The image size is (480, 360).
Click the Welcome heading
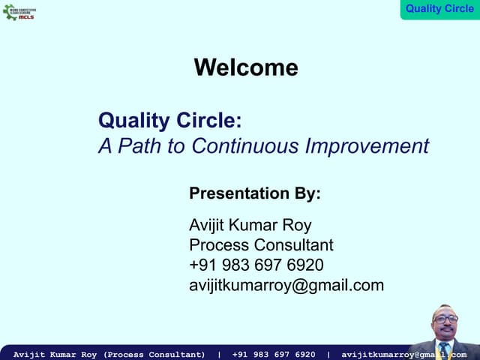[x=246, y=67]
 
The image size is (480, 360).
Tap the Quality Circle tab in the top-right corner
[x=439, y=9]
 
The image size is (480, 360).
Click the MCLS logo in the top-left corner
[x=19, y=11]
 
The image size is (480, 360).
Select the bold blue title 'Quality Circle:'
[x=170, y=120]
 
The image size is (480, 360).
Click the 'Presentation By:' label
[x=255, y=193]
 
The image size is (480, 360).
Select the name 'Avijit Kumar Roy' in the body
[x=250, y=226]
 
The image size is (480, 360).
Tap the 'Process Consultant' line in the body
[x=261, y=245]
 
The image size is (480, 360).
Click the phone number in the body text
[x=256, y=265]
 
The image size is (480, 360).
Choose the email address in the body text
[x=286, y=285]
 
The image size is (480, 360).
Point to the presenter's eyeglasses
[x=446, y=319]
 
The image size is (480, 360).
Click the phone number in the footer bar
[x=274, y=354]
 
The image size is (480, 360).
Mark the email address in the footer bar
[x=403, y=354]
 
